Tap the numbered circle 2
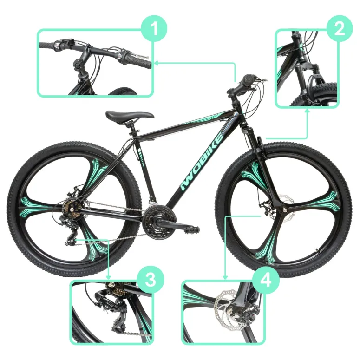coord(340,28)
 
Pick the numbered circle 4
coord(265,280)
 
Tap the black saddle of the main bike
coord(129,115)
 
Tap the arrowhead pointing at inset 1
coord(156,62)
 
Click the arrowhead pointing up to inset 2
coord(308,111)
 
